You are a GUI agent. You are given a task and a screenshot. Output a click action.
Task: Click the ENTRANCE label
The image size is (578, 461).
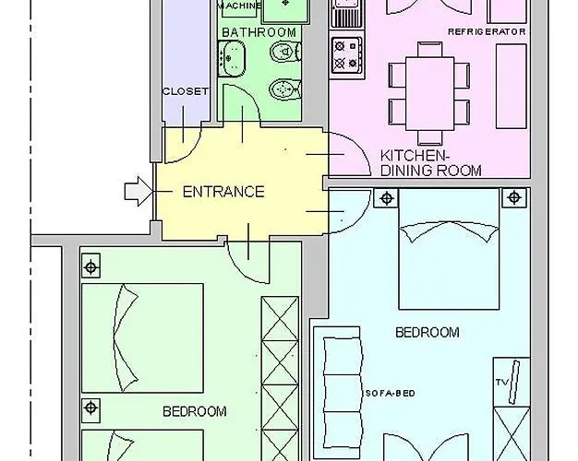pyautogui.click(x=223, y=192)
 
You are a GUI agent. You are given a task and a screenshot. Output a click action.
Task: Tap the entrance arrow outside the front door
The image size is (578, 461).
pyautogui.click(x=138, y=191)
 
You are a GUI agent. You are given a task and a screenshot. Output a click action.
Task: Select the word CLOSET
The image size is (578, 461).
pyautogui.click(x=186, y=91)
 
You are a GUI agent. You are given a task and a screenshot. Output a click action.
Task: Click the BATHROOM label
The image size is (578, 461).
pyautogui.click(x=259, y=32)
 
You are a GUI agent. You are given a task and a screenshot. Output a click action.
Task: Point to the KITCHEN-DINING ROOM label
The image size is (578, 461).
pyautogui.click(x=430, y=163)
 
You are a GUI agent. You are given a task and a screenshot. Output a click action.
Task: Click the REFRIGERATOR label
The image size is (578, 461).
pyautogui.click(x=487, y=31)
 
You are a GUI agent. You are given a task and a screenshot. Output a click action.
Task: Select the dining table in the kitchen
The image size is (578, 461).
pyautogui.click(x=429, y=93)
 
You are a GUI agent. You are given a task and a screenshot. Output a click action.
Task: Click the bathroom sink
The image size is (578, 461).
pyautogui.click(x=232, y=58)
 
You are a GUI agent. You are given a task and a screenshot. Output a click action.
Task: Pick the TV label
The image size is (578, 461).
pyautogui.click(x=501, y=383)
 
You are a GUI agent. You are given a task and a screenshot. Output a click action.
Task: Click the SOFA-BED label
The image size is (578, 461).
pyautogui.click(x=391, y=394)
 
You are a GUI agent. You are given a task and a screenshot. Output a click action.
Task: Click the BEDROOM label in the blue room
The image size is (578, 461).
pyautogui.click(x=427, y=333)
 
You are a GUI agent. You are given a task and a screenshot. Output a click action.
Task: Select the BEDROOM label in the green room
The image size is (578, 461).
pyautogui.click(x=195, y=411)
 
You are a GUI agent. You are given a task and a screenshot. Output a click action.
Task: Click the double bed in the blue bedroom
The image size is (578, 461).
pyautogui.click(x=449, y=249)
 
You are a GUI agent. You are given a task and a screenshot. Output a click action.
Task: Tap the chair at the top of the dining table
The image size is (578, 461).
pyautogui.click(x=429, y=50)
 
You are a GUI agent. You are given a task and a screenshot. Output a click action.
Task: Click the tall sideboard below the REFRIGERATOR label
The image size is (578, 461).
pyautogui.click(x=511, y=86)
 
